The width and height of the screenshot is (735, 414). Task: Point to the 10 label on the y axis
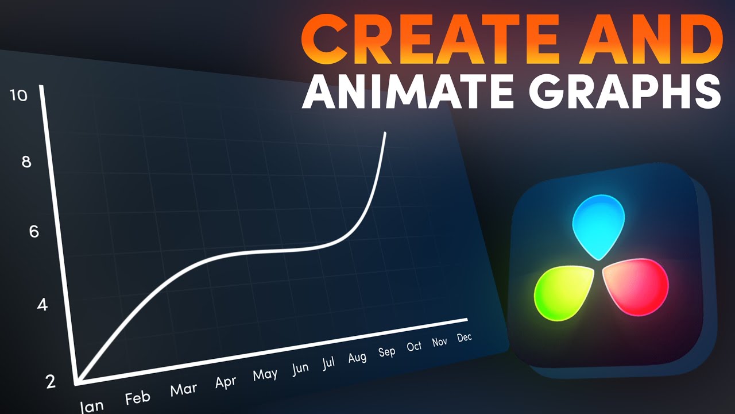click(x=18, y=95)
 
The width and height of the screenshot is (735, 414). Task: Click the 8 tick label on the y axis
click(x=26, y=162)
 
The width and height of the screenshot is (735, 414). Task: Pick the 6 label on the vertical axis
click(x=34, y=232)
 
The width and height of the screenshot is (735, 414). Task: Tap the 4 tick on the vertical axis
click(x=42, y=305)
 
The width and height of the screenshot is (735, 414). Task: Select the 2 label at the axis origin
click(x=51, y=382)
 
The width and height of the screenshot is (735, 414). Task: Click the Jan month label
click(x=92, y=406)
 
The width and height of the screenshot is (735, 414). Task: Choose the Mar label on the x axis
click(x=184, y=390)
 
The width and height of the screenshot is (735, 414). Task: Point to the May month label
click(x=265, y=375)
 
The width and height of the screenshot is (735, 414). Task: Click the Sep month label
click(x=387, y=352)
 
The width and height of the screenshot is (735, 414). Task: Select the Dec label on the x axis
click(x=465, y=338)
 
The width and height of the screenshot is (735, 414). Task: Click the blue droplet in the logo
click(x=599, y=227)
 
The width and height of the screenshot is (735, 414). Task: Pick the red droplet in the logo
click(x=636, y=286)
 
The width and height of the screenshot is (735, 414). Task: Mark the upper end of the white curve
click(x=385, y=133)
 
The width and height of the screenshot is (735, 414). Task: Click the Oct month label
click(x=414, y=346)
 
